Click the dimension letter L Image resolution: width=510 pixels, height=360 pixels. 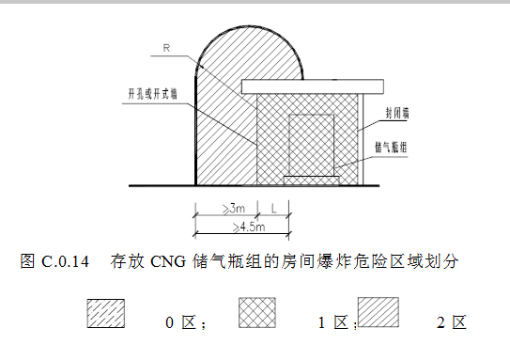272,209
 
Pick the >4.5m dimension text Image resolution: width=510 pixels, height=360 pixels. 243,227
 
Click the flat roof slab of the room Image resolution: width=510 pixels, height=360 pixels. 312,86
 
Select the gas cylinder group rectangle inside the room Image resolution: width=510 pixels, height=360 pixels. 311,144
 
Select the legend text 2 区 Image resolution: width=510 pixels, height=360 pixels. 451,323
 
